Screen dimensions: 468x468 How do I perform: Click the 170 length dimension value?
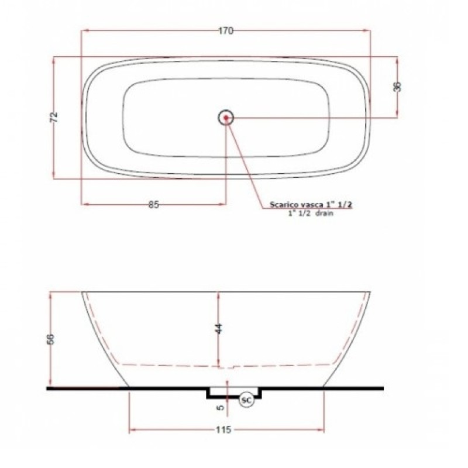click(x=226, y=31)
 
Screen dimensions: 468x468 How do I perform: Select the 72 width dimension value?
click(x=54, y=116)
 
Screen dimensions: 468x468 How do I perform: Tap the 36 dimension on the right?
click(x=397, y=87)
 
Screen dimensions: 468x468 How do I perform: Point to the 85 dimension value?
click(x=153, y=204)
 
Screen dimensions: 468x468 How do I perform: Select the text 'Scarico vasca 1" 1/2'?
click(x=311, y=205)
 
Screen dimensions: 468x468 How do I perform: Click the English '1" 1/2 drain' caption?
click(x=310, y=215)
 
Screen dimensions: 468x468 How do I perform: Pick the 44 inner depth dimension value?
click(x=219, y=328)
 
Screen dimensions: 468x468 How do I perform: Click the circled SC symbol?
click(x=246, y=400)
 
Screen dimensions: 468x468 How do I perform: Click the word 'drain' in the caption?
click(x=325, y=215)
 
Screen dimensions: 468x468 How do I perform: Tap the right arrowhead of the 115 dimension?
click(x=322, y=430)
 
